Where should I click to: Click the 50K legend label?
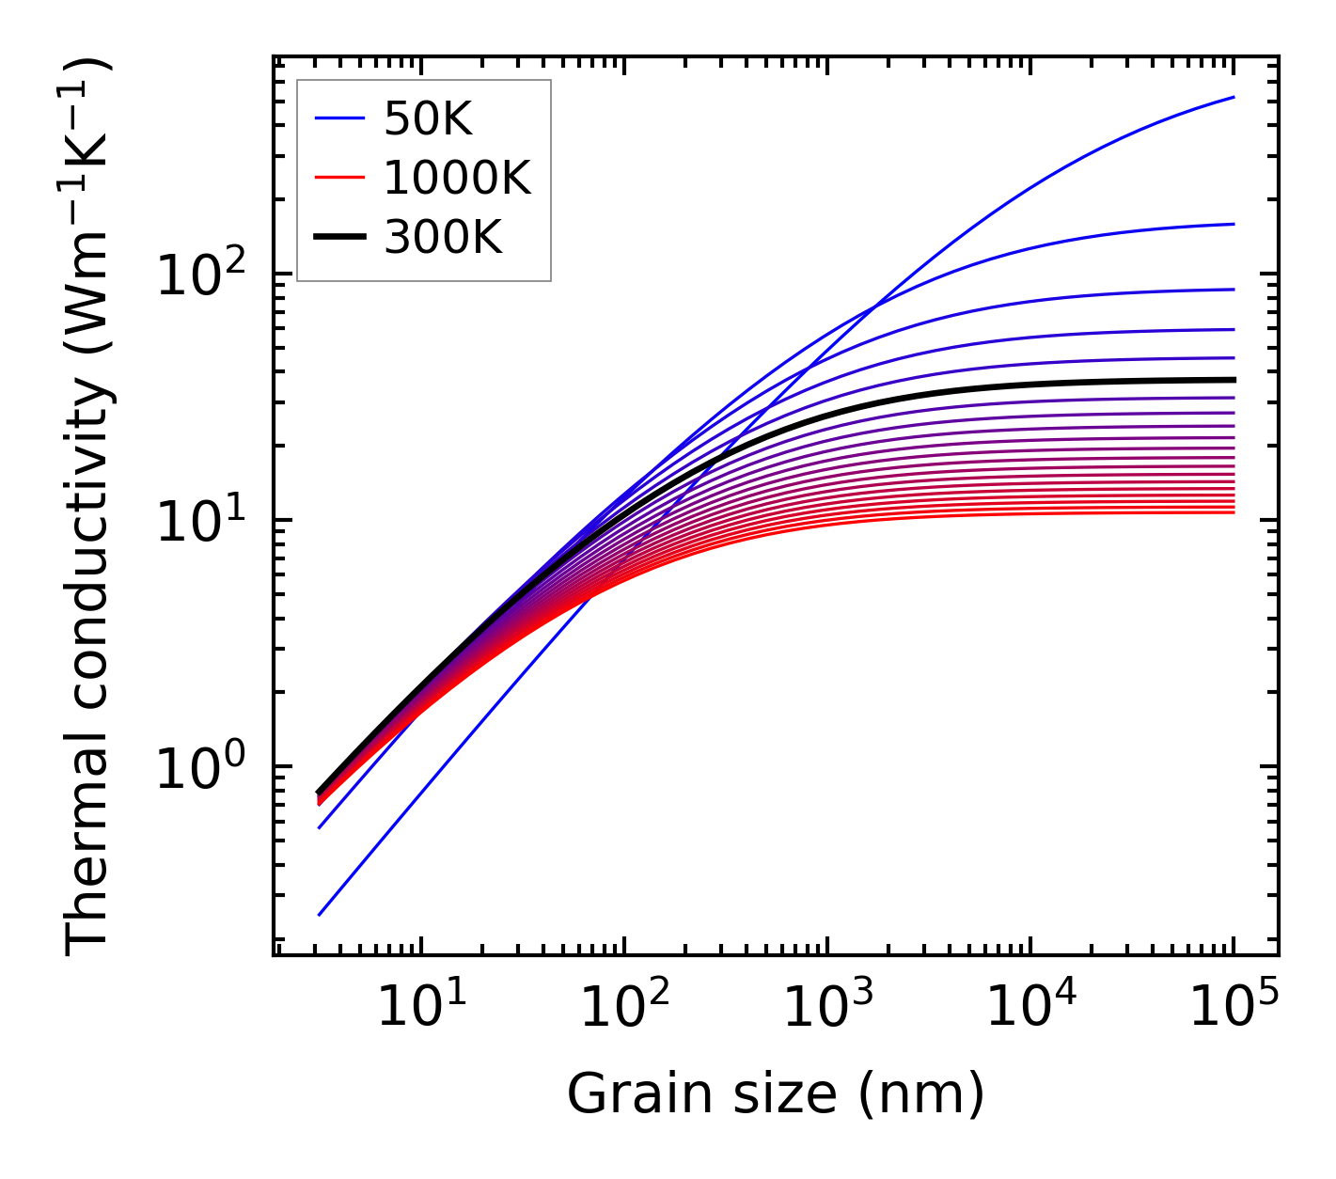tap(428, 118)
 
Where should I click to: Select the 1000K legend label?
tap(457, 178)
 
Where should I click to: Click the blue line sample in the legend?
tap(338, 118)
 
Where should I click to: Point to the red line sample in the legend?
tap(338, 178)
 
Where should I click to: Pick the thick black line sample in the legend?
tap(338, 238)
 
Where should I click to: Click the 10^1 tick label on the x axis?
tap(420, 1009)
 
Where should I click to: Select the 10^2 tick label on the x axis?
tap(623, 1009)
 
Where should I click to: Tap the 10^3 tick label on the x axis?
tap(827, 1009)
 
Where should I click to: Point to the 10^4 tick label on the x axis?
tap(1030, 1009)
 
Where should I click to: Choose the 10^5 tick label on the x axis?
tap(1234, 1009)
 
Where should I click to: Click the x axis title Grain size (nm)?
tap(776, 1093)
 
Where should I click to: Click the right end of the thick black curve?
tap(1234, 380)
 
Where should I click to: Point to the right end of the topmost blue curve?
tap(1234, 97)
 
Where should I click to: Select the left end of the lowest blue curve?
tap(320, 915)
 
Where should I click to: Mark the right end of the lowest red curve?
tap(1234, 512)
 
